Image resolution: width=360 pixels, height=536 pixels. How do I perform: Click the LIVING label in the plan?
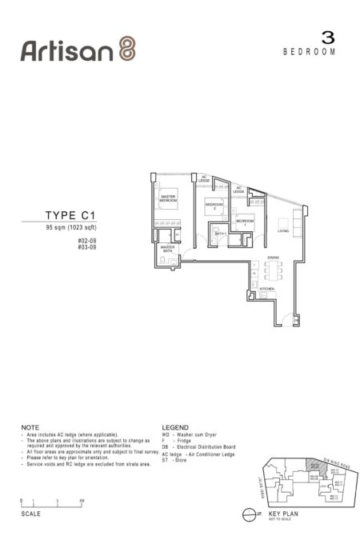[282, 231]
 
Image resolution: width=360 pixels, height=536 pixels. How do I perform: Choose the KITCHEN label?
[267, 288]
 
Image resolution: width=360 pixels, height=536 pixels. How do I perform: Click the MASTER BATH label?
[168, 249]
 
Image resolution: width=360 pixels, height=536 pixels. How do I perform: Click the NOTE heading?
[29, 428]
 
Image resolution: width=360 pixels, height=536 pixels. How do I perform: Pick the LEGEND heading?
[174, 428]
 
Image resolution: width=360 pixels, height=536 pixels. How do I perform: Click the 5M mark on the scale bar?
[82, 500]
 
